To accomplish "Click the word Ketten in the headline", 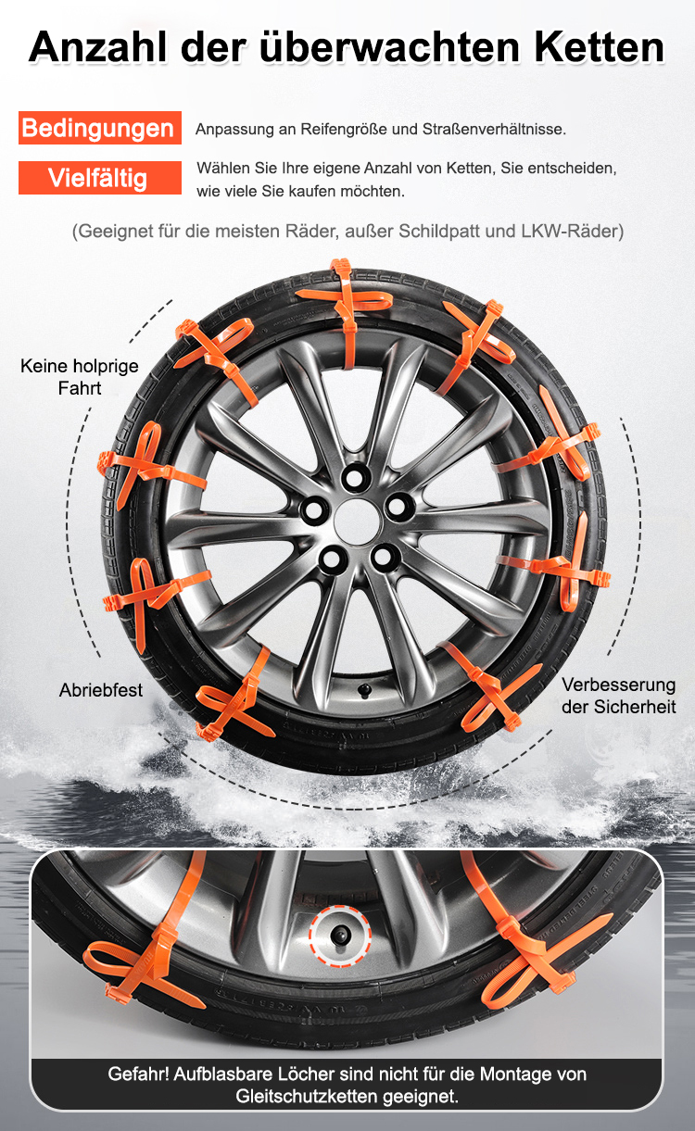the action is coord(599,47).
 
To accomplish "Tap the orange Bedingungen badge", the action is coord(100,128).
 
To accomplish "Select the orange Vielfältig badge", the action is coord(100,178).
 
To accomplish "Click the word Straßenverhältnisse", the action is coord(494,130).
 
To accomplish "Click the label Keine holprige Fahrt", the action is coord(80,377).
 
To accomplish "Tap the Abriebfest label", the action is coord(101,690).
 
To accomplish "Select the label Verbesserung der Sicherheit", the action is coord(618,696).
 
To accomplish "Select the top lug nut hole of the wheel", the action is coord(356,476).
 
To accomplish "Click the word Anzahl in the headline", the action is coord(97,47).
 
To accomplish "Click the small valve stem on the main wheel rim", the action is coord(363,690).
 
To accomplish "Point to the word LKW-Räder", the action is coord(573,232).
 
